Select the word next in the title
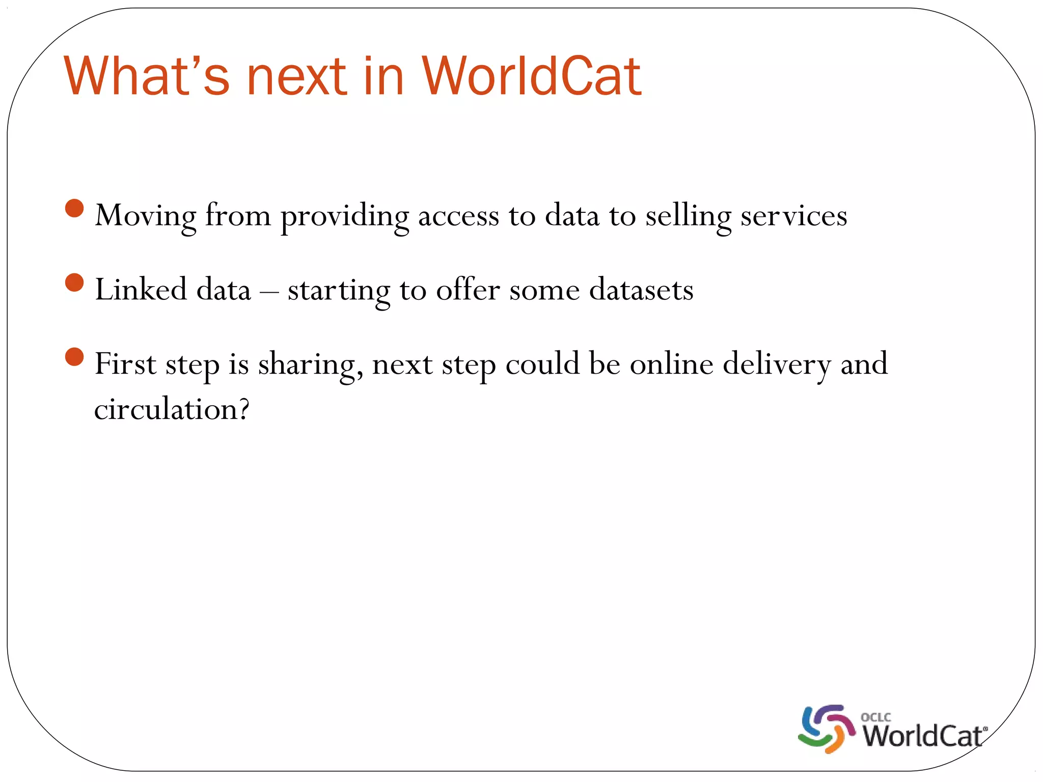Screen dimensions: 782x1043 tap(297, 77)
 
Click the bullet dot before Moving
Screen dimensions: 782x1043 tap(75, 208)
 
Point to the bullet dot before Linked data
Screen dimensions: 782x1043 tap(75, 283)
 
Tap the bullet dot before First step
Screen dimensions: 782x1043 tap(75, 357)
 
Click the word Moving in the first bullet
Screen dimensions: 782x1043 tap(145, 216)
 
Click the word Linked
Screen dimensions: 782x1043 tap(141, 290)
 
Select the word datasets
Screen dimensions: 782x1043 tap(641, 290)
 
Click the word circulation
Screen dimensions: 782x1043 tap(172, 409)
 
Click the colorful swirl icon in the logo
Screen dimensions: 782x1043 tap(826, 729)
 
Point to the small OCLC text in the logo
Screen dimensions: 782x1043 tap(875, 717)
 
